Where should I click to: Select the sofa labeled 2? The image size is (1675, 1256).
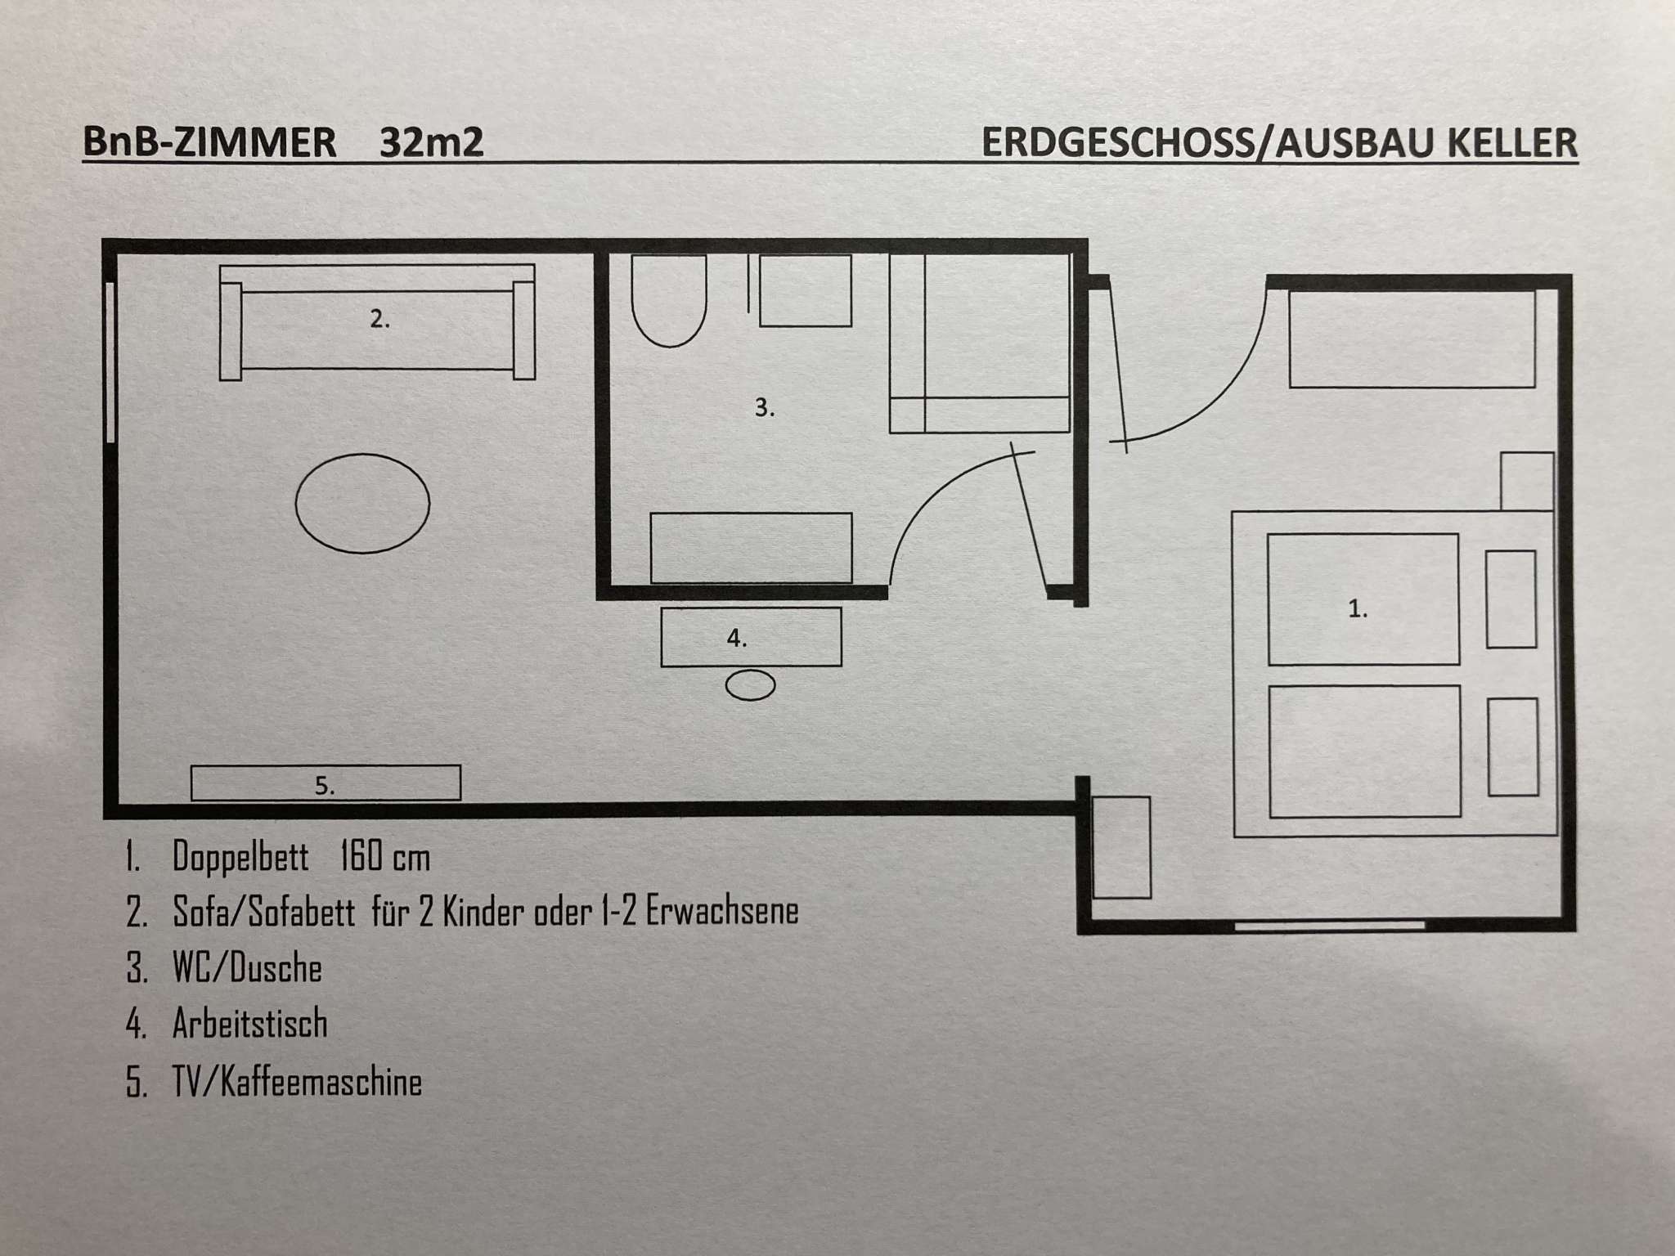(x=377, y=322)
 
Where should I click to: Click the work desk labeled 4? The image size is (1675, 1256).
(x=751, y=636)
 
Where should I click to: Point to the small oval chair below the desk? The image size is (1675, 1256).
(x=751, y=685)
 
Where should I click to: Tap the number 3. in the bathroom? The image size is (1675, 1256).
(x=765, y=408)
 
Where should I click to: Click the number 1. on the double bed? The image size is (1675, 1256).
(x=1358, y=608)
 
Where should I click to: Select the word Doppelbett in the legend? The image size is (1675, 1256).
(x=240, y=857)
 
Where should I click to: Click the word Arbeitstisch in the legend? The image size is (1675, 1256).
(x=249, y=1024)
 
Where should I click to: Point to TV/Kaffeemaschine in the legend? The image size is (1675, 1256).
(x=297, y=1082)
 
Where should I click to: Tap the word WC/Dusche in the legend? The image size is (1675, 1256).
(x=247, y=968)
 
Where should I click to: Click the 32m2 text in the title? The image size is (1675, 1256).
(x=431, y=142)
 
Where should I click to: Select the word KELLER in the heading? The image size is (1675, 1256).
(x=1512, y=142)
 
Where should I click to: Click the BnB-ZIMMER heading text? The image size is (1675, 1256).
(x=209, y=142)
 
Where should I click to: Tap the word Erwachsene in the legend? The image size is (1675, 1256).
(x=722, y=911)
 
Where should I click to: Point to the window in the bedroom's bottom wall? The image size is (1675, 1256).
(x=1329, y=926)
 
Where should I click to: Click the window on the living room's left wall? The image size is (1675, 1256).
(x=110, y=362)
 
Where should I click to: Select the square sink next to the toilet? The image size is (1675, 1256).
(x=806, y=290)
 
